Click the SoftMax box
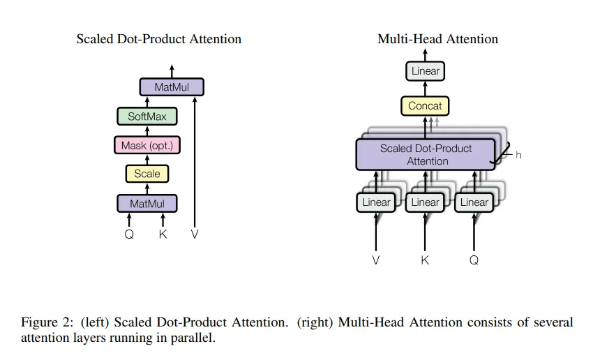pos(147,117)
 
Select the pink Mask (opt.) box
pos(147,145)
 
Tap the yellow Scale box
pos(147,174)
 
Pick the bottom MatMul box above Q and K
pos(147,204)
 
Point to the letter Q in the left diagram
pos(129,234)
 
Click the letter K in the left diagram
pos(163,234)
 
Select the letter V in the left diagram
pos(195,234)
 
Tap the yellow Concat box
pos(425,106)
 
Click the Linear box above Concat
pos(426,71)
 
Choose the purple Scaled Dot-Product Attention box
pos(426,154)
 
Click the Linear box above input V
pos(376,202)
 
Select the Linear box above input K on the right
pos(425,202)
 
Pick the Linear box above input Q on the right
pos(474,202)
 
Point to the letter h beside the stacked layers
pos(518,155)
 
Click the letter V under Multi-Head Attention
pos(376,260)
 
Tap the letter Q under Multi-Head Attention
pos(474,260)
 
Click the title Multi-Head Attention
pos(438,39)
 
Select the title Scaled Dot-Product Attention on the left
pos(159,39)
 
